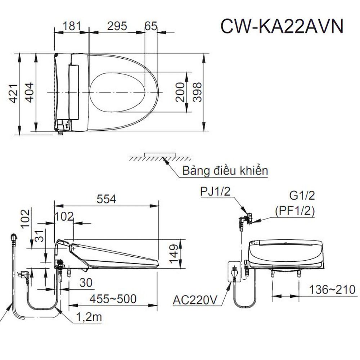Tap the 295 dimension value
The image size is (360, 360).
click(x=117, y=26)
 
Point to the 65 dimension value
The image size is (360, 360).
click(x=151, y=26)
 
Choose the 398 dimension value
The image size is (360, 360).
click(x=197, y=91)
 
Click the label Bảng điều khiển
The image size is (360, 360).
click(x=225, y=170)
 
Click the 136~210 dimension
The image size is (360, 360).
click(x=333, y=289)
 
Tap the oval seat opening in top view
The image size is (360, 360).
click(x=117, y=92)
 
